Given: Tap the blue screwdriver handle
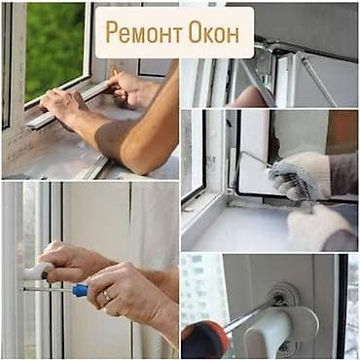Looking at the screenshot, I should pos(79,289).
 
